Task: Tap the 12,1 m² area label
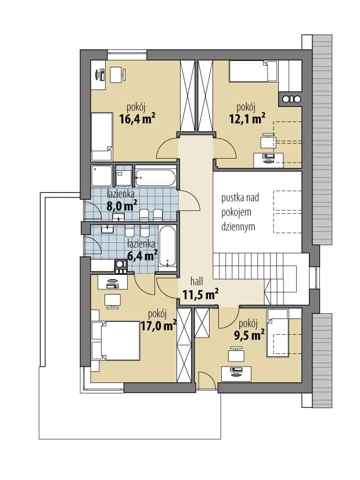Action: [x=247, y=118]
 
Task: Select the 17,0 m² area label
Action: [x=159, y=325]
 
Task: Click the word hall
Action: [x=197, y=281]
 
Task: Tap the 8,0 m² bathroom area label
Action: [x=121, y=206]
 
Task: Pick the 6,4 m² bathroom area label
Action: [x=142, y=255]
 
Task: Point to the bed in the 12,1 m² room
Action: [x=253, y=71]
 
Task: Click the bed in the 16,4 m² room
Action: [x=102, y=136]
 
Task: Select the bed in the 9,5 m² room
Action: [x=278, y=332]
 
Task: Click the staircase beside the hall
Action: [x=260, y=278]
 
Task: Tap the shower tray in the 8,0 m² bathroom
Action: [x=102, y=175]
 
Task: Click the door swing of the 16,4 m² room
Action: [x=167, y=148]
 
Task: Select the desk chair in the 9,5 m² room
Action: [x=236, y=354]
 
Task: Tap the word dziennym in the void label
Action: [x=238, y=227]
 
